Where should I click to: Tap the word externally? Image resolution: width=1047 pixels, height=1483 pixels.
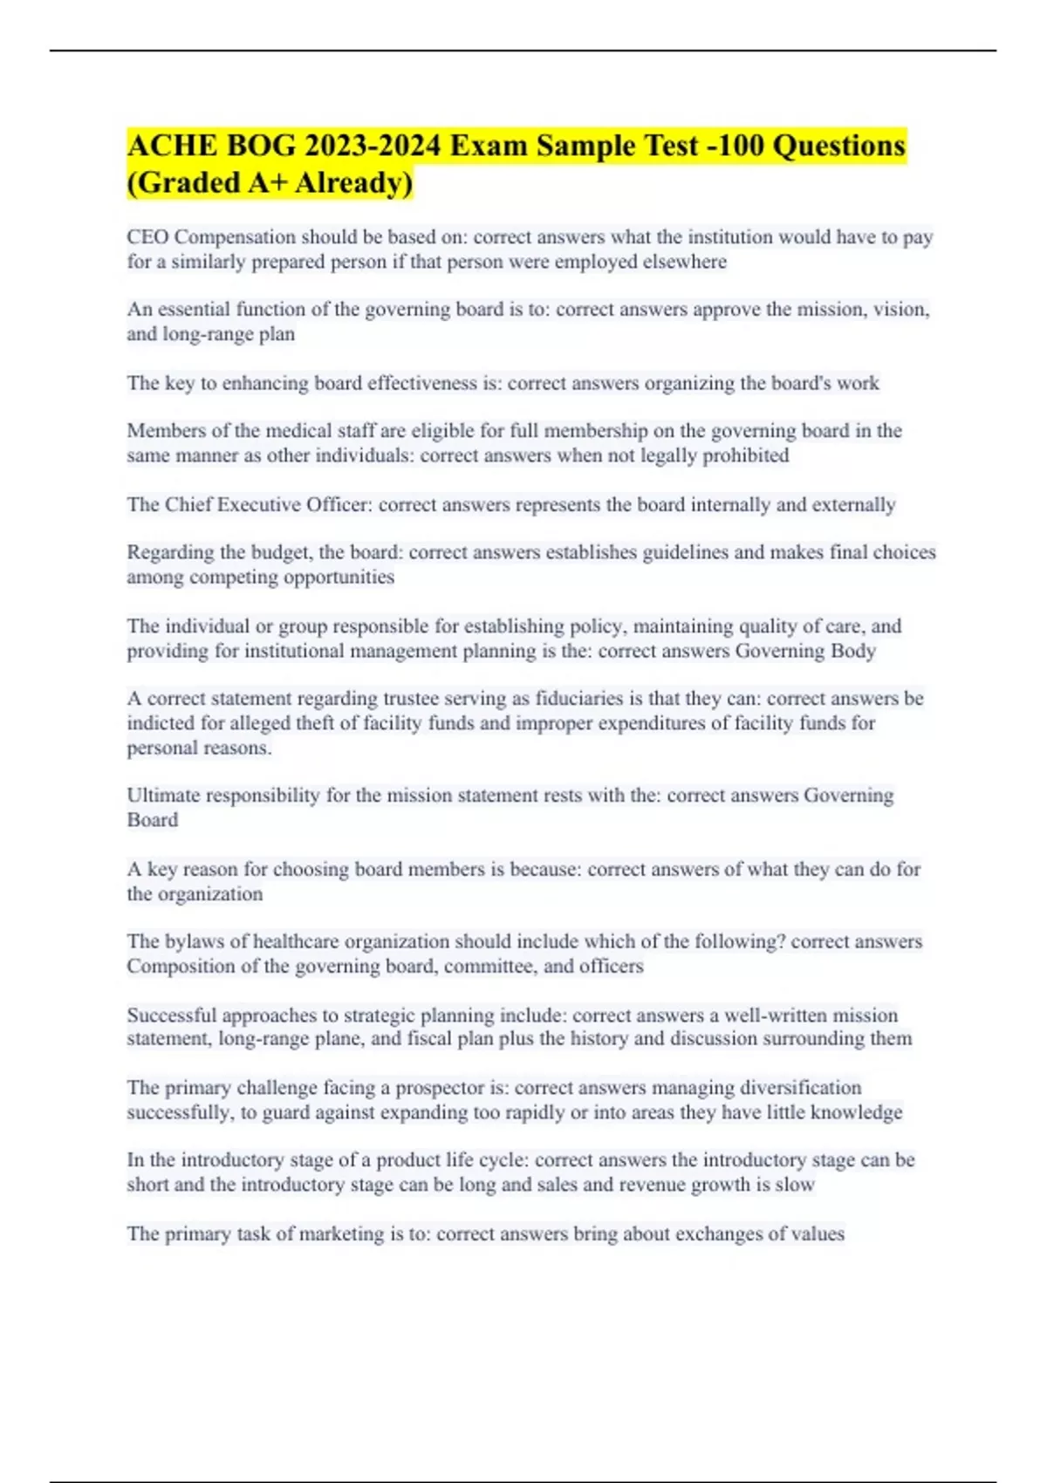click(853, 505)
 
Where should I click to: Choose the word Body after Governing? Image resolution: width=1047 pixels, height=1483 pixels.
click(852, 651)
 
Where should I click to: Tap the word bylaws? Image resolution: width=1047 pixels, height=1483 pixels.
click(192, 941)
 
